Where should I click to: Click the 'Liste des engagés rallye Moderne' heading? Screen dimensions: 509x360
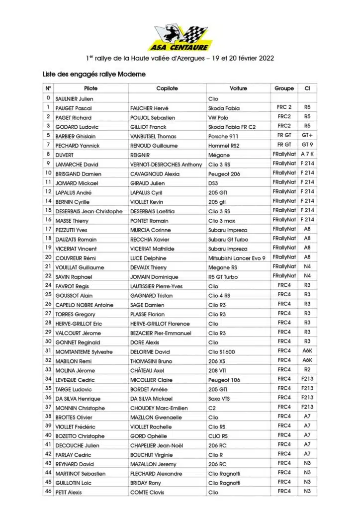tap(94, 74)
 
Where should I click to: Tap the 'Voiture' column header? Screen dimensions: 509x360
tap(238, 88)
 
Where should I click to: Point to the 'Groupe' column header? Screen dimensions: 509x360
tap(284, 88)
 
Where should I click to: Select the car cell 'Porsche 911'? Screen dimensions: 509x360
tap(224, 136)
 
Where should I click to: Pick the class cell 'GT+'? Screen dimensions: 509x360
tap(307, 136)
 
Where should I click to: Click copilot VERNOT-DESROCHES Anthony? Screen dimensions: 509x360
tap(166, 165)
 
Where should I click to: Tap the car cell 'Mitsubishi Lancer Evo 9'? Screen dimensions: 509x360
tap(237, 258)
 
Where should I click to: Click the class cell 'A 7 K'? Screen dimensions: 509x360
tap(307, 155)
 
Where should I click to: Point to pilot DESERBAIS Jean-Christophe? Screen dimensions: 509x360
tap(89, 211)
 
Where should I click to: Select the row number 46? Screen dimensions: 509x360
tap(48, 492)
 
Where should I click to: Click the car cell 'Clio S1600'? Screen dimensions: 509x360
tap(223, 352)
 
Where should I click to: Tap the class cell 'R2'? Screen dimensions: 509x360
tap(307, 370)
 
